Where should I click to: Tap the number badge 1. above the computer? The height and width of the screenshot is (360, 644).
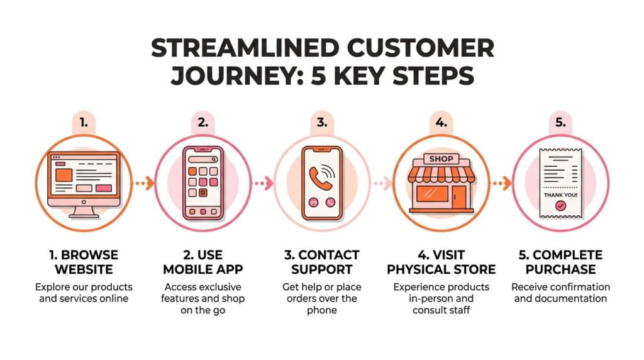[84, 122]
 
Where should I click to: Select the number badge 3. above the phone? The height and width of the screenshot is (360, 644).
[321, 122]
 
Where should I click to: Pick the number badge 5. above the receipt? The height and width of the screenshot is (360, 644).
[560, 122]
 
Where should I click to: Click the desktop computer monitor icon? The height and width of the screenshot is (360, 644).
[84, 179]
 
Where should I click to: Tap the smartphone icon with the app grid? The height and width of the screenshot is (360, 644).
[203, 183]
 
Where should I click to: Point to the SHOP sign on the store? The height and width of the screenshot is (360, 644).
[441, 159]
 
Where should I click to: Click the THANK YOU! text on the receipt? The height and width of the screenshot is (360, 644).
[560, 194]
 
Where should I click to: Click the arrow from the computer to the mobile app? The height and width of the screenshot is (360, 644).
[144, 184]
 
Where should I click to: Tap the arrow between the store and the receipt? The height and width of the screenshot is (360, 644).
[501, 184]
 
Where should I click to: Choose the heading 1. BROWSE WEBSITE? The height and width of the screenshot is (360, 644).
[84, 262]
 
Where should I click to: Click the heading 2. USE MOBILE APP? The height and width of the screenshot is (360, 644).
[203, 262]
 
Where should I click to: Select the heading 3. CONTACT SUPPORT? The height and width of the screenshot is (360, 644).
[321, 262]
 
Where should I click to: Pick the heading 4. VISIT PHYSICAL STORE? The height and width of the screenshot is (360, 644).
[441, 262]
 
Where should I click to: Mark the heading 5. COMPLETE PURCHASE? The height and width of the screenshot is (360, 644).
[560, 262]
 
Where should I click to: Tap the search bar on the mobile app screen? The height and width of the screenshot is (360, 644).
[203, 160]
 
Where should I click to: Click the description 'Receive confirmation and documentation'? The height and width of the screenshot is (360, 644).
[560, 293]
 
